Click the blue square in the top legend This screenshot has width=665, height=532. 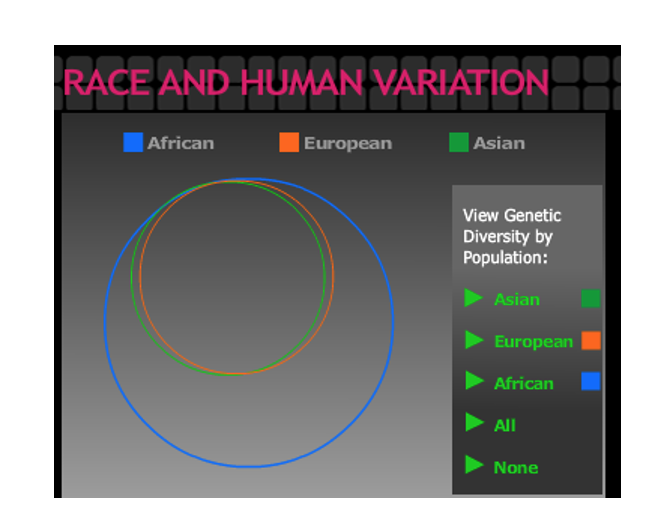(133, 142)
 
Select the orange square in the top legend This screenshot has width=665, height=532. (289, 142)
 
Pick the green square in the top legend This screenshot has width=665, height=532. (459, 142)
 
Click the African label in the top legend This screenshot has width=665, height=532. (180, 143)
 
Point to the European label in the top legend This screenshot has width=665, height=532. (347, 143)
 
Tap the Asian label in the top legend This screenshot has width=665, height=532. (499, 143)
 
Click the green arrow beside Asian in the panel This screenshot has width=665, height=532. (474, 298)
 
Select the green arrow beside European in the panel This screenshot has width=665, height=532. (474, 340)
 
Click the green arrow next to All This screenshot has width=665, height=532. (474, 423)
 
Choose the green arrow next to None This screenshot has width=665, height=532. (474, 465)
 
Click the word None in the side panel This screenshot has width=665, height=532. (516, 467)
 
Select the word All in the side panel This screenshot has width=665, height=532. (505, 425)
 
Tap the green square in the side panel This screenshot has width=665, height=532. (591, 298)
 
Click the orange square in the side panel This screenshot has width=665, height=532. (591, 340)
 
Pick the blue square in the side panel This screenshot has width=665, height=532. (591, 381)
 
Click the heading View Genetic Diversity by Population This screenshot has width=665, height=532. (512, 236)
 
